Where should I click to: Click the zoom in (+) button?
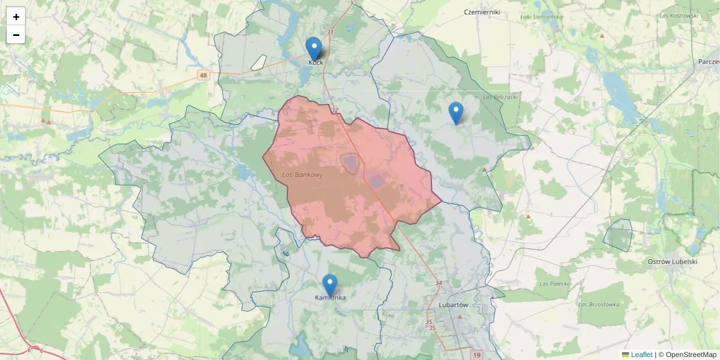pos(16,17)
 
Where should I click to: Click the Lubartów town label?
pos(453,305)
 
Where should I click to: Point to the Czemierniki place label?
pos(482,12)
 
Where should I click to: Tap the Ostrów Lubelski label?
pos(672,262)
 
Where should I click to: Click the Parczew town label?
pos(709,62)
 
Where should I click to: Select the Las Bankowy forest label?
pos(302,175)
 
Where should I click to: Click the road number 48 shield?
pos(204,75)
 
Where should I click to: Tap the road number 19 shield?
pos(476,355)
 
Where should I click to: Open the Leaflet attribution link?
pos(641,355)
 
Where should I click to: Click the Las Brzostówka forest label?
pos(598,304)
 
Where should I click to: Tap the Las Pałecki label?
pos(553,283)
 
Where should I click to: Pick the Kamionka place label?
pos(331,298)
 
